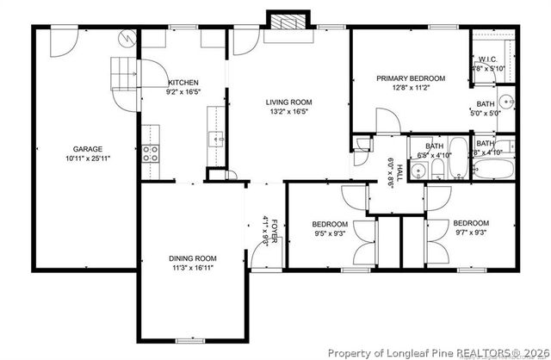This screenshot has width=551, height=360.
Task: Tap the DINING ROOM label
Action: pyautogui.click(x=192, y=258)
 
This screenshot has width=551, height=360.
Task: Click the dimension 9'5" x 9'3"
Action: pyautogui.click(x=329, y=233)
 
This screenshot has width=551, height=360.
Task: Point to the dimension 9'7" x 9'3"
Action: pyautogui.click(x=470, y=232)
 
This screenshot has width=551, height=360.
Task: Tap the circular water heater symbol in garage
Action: pyautogui.click(x=127, y=38)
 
